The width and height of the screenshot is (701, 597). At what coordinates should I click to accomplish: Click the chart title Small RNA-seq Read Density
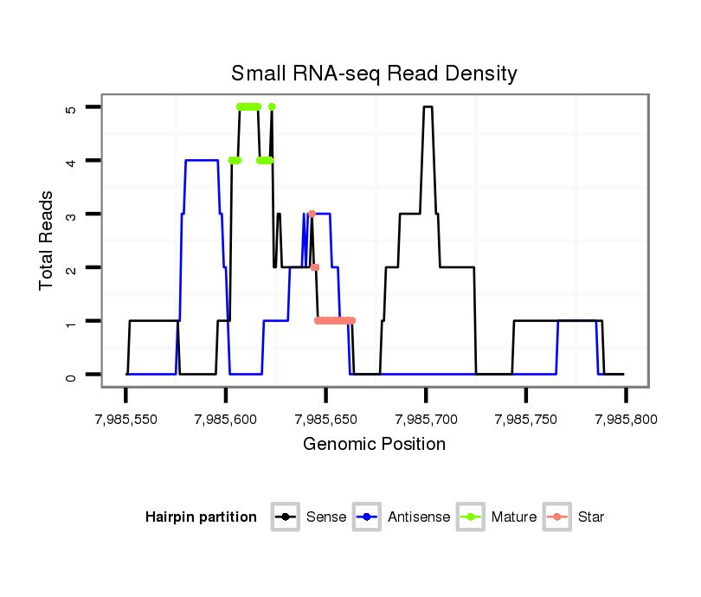pyautogui.click(x=374, y=73)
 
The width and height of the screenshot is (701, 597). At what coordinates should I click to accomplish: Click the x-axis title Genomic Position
pyautogui.click(x=374, y=445)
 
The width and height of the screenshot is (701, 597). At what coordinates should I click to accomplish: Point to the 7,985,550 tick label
pyautogui.click(x=125, y=420)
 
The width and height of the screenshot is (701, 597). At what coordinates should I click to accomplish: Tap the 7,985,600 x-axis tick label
pyautogui.click(x=225, y=420)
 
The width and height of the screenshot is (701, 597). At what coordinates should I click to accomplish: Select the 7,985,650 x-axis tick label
pyautogui.click(x=325, y=420)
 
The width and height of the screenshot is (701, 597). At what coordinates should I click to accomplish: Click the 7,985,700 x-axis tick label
pyautogui.click(x=425, y=420)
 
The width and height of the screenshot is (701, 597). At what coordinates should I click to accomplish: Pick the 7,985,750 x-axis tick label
pyautogui.click(x=525, y=420)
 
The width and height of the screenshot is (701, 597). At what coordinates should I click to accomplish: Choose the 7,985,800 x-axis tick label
pyautogui.click(x=625, y=420)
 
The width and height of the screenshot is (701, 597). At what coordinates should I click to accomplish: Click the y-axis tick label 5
pyautogui.click(x=71, y=107)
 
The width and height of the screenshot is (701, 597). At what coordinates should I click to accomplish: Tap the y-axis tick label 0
pyautogui.click(x=71, y=376)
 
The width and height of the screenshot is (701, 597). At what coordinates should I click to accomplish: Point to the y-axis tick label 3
pyautogui.click(x=71, y=215)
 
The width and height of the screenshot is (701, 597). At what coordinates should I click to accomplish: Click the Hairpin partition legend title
pyautogui.click(x=201, y=517)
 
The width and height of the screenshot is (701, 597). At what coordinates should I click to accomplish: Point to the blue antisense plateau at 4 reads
pyautogui.click(x=202, y=160)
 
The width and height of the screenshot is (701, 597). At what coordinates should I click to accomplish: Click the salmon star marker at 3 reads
pyautogui.click(x=312, y=214)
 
